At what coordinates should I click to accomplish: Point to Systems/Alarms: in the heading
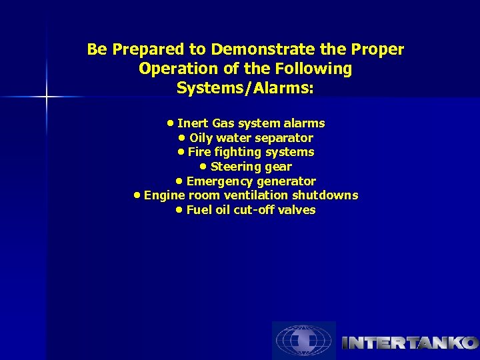[x=245, y=88]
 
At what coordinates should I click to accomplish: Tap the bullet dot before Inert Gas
[x=171, y=123]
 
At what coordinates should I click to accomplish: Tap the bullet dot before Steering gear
[x=204, y=167]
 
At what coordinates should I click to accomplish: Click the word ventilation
[x=259, y=195]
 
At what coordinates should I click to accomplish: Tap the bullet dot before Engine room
[x=137, y=195]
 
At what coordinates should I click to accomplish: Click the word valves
[x=298, y=210]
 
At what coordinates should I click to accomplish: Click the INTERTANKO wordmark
[x=409, y=343]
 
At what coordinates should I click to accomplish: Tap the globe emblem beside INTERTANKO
[x=304, y=341]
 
